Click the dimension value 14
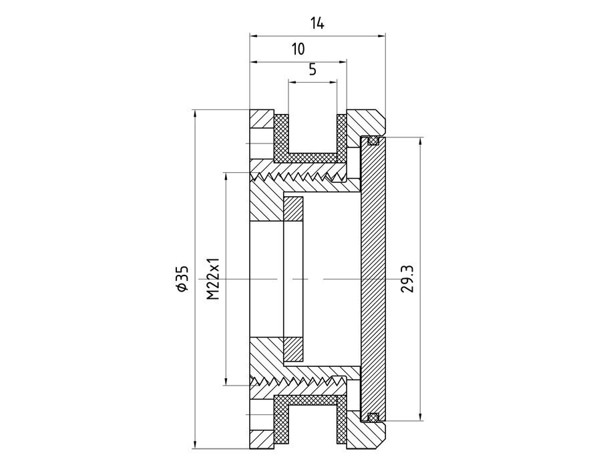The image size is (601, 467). [317, 23]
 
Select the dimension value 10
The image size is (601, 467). [298, 49]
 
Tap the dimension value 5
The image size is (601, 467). [312, 69]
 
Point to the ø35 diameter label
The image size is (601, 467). [182, 278]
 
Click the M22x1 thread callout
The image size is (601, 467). [214, 278]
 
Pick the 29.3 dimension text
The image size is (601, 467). [409, 278]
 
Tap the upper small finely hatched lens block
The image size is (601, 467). [294, 209]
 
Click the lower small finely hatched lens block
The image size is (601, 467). [294, 348]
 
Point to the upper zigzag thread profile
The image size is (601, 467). [297, 177]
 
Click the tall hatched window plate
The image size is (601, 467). [373, 278]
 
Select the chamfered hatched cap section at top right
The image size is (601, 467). [367, 123]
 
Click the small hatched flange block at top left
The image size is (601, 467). [262, 120]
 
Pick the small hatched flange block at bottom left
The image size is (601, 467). [262, 437]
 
